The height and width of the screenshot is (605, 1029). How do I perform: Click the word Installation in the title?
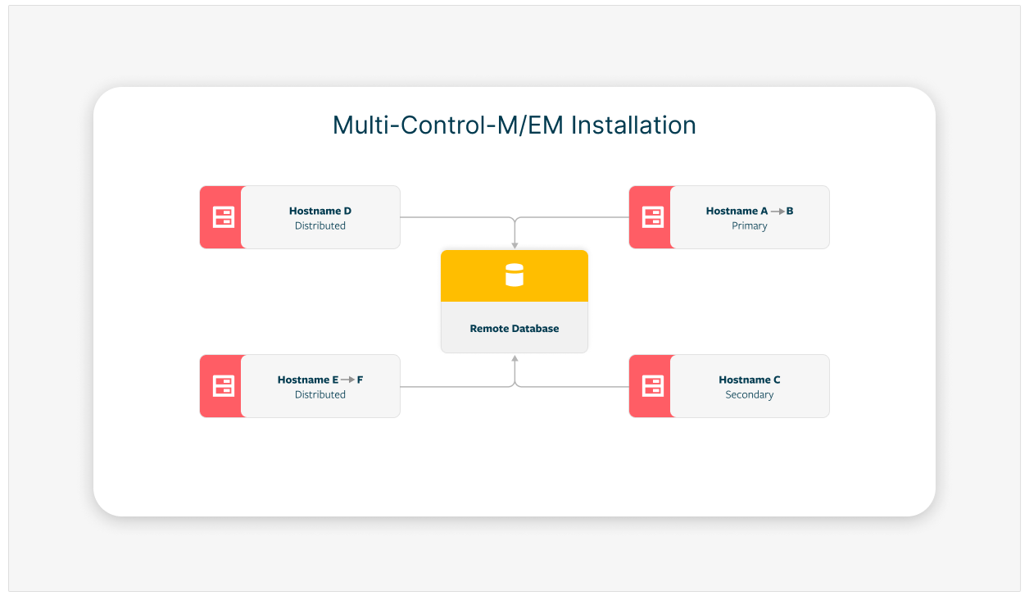633,125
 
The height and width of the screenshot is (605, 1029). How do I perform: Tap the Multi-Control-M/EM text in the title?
449,125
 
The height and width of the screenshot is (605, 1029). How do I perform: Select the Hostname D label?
320,211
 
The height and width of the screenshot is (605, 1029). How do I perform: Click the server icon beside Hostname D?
223,217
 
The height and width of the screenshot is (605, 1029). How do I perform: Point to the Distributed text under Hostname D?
320,226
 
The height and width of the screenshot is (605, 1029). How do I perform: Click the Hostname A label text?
735,211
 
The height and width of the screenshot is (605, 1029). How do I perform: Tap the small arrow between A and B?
777,212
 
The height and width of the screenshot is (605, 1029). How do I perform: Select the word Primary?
750,226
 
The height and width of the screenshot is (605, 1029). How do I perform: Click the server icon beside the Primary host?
652,217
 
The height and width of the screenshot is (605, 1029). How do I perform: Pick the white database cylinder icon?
514,275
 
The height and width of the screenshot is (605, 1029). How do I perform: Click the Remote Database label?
514,329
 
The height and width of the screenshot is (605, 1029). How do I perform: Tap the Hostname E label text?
307,380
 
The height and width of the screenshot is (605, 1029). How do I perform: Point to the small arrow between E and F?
348,380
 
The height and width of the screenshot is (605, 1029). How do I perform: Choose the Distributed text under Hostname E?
320,395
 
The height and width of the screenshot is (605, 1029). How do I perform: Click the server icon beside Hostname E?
223,386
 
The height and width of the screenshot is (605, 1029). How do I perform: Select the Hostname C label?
750,380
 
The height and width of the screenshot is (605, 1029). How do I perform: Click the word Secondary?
750,395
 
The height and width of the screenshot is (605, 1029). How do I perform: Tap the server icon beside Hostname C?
652,386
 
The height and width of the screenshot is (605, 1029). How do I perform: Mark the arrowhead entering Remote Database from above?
514,245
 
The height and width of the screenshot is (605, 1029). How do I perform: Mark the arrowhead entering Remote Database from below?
514,358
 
